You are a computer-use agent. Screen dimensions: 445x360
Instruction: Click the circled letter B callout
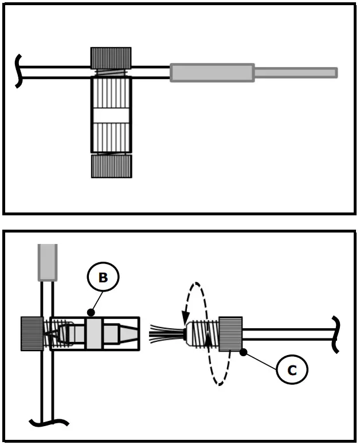point(103,277)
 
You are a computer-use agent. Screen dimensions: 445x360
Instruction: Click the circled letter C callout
point(291,370)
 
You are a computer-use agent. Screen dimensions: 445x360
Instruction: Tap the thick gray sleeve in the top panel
point(212,73)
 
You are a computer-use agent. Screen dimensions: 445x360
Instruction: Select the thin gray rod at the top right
point(295,73)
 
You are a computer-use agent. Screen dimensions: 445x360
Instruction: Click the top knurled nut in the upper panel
point(111,58)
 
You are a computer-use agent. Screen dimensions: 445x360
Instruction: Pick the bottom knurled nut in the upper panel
point(111,166)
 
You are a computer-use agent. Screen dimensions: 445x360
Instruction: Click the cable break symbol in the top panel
point(19,72)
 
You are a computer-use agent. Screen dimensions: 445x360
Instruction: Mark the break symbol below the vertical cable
point(48,423)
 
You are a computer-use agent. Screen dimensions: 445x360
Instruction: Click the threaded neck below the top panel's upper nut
point(111,73)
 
